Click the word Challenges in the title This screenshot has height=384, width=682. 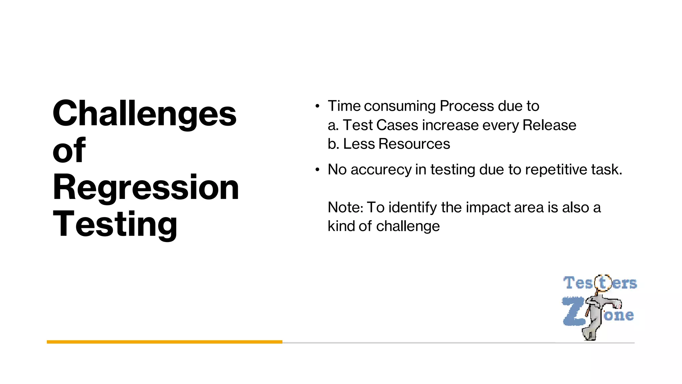(145, 114)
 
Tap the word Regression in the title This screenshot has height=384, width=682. (146, 188)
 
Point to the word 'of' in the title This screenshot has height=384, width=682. (69, 150)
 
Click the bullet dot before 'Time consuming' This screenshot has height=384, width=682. (317, 106)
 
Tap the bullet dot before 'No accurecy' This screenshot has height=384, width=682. (317, 170)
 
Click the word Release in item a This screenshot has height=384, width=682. (549, 125)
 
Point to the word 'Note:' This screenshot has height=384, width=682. (345, 207)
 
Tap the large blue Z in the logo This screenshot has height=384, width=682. (573, 312)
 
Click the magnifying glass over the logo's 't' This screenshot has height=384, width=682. (603, 283)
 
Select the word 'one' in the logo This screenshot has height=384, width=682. (619, 315)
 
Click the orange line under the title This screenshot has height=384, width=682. (165, 342)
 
